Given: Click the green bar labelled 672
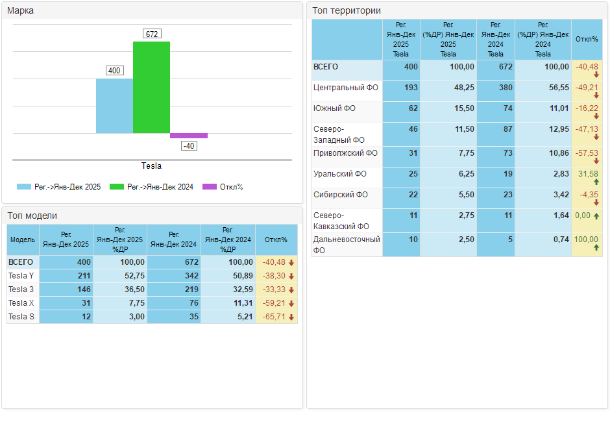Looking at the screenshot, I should (x=151, y=87).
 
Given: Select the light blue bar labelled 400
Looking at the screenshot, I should (x=114, y=106).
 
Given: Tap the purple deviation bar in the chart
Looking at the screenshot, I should (x=189, y=136).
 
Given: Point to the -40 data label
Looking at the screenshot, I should (x=189, y=146).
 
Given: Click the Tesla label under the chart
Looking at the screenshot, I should (x=151, y=166).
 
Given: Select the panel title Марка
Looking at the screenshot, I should (x=21, y=10).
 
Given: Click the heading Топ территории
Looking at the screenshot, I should (x=347, y=10).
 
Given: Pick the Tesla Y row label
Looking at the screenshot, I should (x=21, y=276).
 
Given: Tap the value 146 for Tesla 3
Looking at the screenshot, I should (x=82, y=289).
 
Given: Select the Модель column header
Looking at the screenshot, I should (x=23, y=240).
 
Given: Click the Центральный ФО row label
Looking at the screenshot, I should (x=345, y=87).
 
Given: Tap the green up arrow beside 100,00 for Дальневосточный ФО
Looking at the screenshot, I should (x=596, y=248).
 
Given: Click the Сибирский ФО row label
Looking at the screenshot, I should (x=340, y=195).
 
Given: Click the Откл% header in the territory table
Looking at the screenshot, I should (x=587, y=39).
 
